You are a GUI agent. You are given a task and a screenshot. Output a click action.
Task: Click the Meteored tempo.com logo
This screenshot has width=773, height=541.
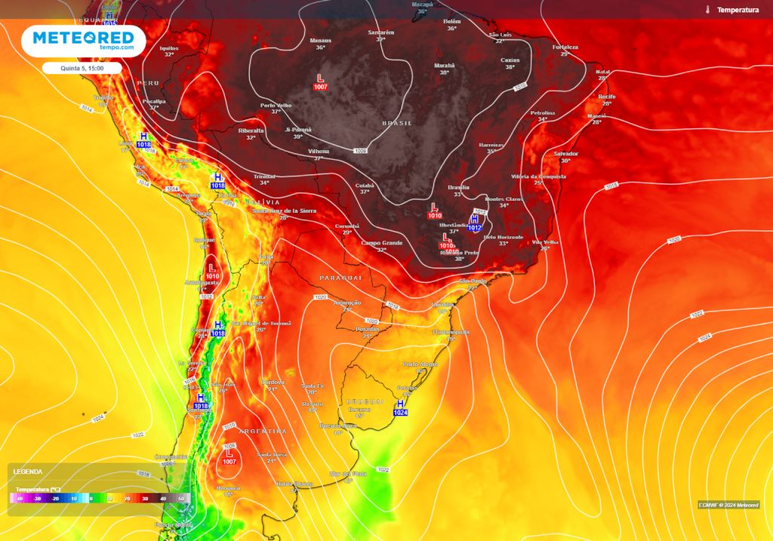click(x=83, y=41)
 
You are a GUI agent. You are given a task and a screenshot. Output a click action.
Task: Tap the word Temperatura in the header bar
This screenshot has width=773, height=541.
click(x=738, y=10)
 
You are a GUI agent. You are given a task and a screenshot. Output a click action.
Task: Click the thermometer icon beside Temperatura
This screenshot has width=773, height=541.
click(x=708, y=10)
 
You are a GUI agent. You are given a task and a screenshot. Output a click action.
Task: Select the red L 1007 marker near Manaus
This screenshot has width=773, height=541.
click(x=321, y=82)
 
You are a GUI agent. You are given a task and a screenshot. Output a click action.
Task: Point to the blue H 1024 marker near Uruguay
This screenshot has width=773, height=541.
click(x=400, y=408)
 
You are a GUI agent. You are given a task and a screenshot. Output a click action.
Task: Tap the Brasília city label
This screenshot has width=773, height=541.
click(x=458, y=187)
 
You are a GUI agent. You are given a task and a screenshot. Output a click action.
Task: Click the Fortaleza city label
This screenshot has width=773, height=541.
click(x=565, y=47)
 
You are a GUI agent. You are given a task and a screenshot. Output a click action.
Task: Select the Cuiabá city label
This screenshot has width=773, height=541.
click(x=365, y=184)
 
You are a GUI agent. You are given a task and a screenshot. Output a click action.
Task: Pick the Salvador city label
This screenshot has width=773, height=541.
click(x=565, y=153)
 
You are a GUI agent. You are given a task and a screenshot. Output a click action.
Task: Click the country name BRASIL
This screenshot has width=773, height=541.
click(x=397, y=123)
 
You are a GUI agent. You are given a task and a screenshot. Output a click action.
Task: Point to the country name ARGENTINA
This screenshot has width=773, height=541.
click(x=263, y=431)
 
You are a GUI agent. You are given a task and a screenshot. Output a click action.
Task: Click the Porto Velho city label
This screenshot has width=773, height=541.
click(x=276, y=106)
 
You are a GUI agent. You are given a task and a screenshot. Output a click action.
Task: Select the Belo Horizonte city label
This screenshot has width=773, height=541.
click(x=503, y=237)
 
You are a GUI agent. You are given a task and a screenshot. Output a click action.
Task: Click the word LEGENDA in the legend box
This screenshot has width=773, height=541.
click(x=28, y=472)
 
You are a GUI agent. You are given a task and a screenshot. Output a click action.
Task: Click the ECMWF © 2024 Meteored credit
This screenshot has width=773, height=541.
click(x=728, y=505)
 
